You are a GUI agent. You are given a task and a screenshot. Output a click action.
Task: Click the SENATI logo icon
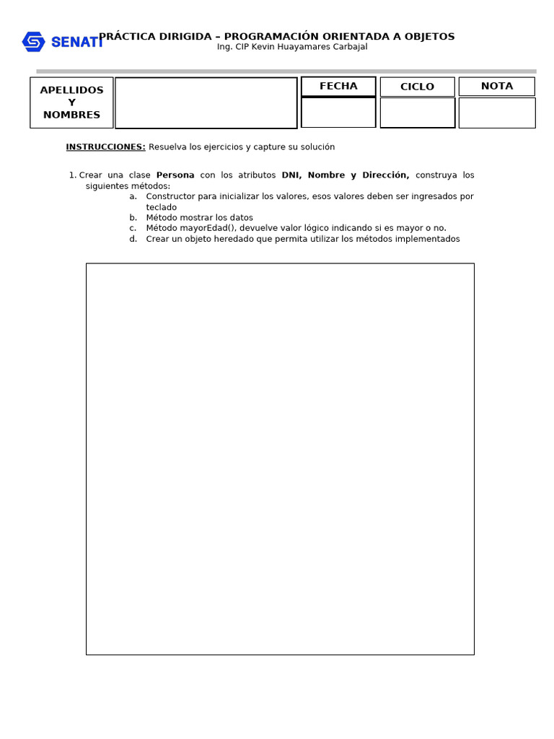[33, 42]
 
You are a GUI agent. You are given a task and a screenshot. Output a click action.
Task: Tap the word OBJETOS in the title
[430, 36]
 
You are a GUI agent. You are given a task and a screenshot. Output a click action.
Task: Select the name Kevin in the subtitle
[263, 47]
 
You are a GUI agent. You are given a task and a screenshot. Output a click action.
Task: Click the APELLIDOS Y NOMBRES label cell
[71, 102]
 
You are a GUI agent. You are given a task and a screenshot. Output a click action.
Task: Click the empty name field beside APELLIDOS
[206, 102]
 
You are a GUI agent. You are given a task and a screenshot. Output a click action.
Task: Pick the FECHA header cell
[338, 86]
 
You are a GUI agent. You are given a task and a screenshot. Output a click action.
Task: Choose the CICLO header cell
[417, 87]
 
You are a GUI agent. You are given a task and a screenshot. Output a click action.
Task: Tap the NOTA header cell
[496, 86]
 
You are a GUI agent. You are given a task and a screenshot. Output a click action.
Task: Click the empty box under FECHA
[338, 113]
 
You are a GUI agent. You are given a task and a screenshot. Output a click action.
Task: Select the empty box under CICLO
[417, 113]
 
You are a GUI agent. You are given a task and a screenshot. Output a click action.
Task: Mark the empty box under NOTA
[496, 113]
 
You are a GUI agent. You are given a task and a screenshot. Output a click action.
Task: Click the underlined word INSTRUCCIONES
[105, 147]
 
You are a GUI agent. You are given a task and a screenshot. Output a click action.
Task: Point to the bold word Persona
[175, 175]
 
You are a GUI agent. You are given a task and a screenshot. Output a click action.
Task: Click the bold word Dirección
[385, 175]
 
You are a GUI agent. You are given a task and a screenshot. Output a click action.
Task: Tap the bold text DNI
[291, 175]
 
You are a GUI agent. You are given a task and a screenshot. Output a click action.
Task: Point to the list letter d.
[133, 239]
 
